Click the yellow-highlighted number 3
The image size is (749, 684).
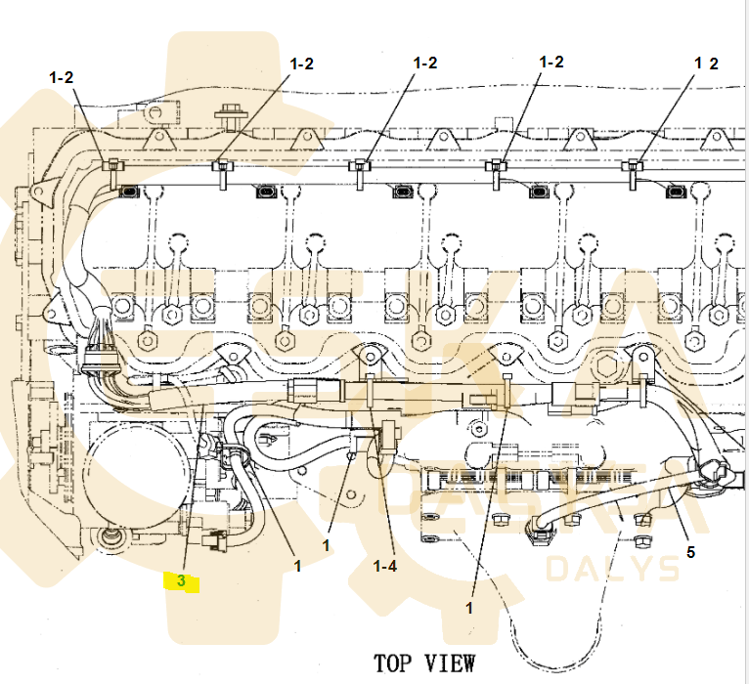pyautogui.click(x=181, y=581)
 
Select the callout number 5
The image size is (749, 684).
pyautogui.click(x=690, y=552)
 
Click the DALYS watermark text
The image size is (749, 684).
pyautogui.click(x=612, y=569)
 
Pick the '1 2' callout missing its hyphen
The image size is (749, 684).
pyautogui.click(x=706, y=64)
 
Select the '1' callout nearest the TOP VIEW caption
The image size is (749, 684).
pyautogui.click(x=469, y=607)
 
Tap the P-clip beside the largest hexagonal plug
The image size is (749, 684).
pyautogui.click(x=643, y=363)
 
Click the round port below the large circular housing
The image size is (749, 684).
pyautogui.click(x=110, y=535)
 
